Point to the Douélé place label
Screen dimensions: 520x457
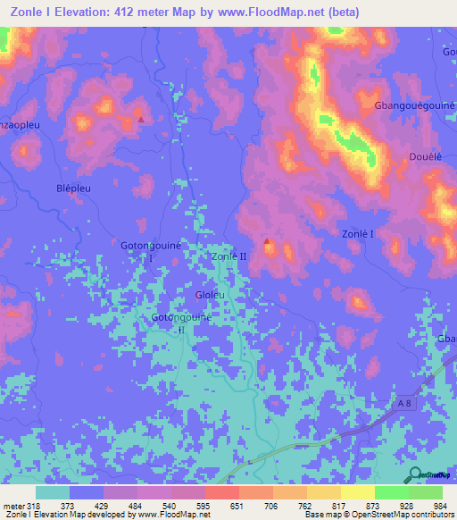click(x=426, y=155)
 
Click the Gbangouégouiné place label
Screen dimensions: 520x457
click(x=415, y=105)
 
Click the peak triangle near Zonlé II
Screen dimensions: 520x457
click(x=267, y=241)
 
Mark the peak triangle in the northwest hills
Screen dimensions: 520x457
click(x=140, y=118)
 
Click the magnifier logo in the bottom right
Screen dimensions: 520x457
click(x=415, y=475)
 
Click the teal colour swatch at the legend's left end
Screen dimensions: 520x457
click(x=53, y=492)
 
